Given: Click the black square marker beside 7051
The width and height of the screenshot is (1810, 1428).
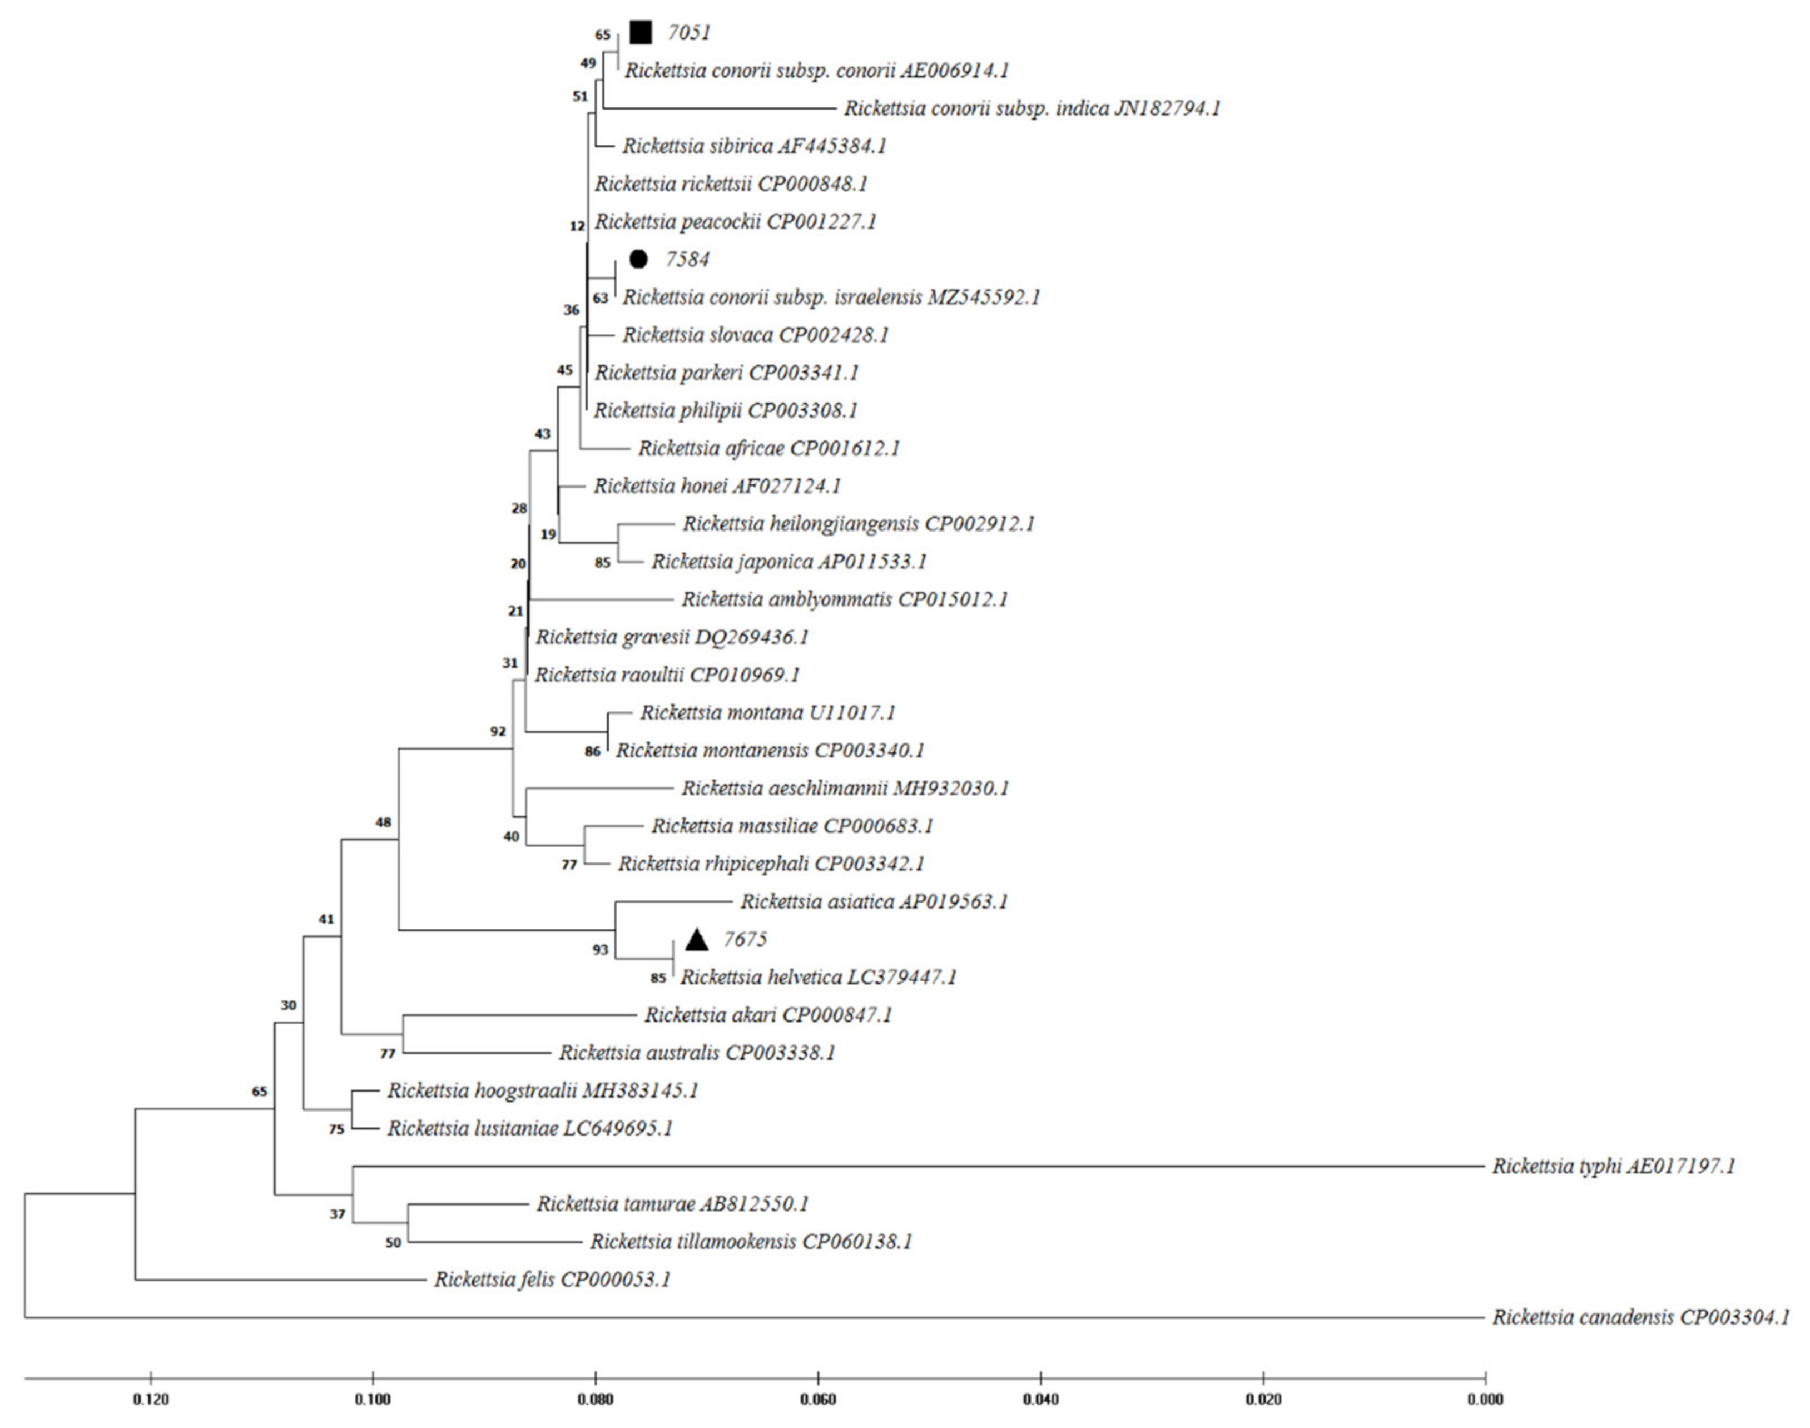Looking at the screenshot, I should tap(641, 33).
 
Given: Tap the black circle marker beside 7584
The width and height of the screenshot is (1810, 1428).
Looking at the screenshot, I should tap(638, 259).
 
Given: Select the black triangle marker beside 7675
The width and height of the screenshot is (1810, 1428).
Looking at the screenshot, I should tap(696, 940).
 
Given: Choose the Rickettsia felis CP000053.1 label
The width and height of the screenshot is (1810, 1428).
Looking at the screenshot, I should tap(552, 1279).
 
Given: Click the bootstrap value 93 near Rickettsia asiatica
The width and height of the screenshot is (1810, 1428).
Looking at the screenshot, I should tap(600, 950).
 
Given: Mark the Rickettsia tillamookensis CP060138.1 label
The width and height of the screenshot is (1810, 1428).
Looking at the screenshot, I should tap(751, 1242).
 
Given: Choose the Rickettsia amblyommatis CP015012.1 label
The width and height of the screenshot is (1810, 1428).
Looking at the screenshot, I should tap(844, 599).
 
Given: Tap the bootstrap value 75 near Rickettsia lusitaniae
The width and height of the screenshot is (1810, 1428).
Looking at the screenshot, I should tap(336, 1129).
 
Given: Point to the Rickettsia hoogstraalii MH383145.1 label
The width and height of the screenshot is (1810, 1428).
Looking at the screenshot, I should tap(543, 1090).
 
